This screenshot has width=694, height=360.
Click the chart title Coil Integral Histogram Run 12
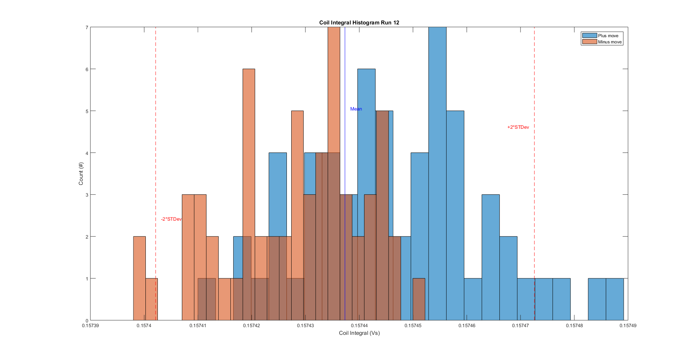tap(359, 23)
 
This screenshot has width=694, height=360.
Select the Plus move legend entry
tap(608, 36)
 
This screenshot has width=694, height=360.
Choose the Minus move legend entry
tap(609, 42)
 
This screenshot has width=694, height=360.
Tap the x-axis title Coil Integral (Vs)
tap(359, 333)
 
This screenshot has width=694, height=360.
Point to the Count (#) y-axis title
tap(81, 174)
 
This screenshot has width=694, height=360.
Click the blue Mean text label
tap(356, 109)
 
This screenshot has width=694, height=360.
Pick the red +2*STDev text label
tap(518, 127)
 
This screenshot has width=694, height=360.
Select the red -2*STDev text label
tap(171, 219)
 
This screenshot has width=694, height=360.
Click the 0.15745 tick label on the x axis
tap(413, 326)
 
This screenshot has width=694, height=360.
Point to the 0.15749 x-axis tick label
tap(628, 326)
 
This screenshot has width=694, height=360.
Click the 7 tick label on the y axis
tap(87, 27)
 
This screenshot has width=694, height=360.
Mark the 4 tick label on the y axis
tap(87, 153)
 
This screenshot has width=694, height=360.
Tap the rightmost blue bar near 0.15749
tap(615, 299)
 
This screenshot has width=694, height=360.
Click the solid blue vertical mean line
tap(345, 73)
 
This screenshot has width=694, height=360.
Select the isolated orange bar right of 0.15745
tap(419, 299)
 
